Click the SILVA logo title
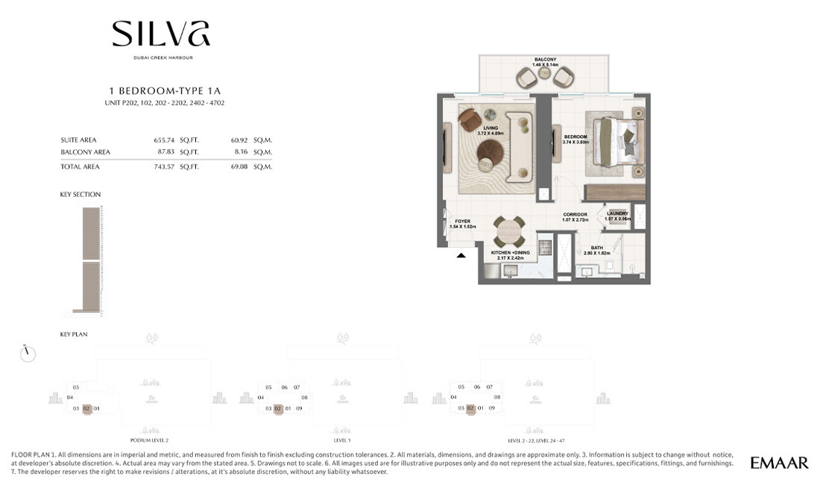(161, 34)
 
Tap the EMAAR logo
(779, 463)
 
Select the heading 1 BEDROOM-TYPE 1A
(160, 90)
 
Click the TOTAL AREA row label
(80, 167)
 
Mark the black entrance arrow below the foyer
(461, 255)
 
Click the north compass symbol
(28, 353)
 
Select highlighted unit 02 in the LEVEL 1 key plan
(277, 408)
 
